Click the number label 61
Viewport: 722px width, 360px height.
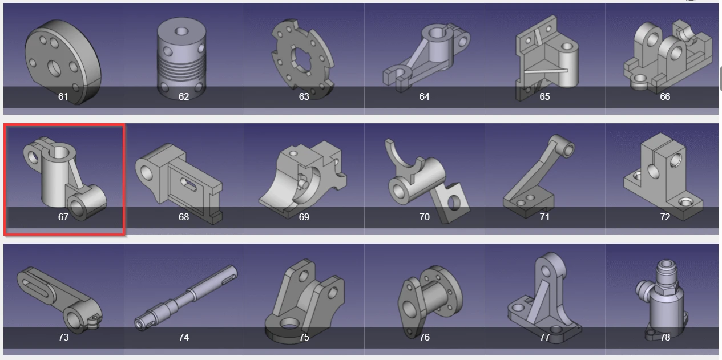tap(63, 96)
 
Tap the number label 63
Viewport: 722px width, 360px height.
tap(304, 96)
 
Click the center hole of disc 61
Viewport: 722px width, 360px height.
tap(55, 68)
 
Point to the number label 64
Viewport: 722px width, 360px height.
tap(424, 96)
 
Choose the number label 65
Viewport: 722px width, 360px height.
tap(544, 96)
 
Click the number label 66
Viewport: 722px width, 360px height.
tap(665, 96)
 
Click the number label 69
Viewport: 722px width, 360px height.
tap(304, 217)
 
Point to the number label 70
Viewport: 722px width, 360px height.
tap(424, 217)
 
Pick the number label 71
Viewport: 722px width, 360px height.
tap(544, 217)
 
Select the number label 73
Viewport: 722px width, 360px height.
tap(63, 337)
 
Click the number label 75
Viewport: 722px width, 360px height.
tap(304, 337)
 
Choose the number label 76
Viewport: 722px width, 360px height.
tap(424, 337)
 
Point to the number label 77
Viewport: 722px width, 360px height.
tap(544, 337)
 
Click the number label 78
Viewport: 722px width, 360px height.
tap(665, 337)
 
